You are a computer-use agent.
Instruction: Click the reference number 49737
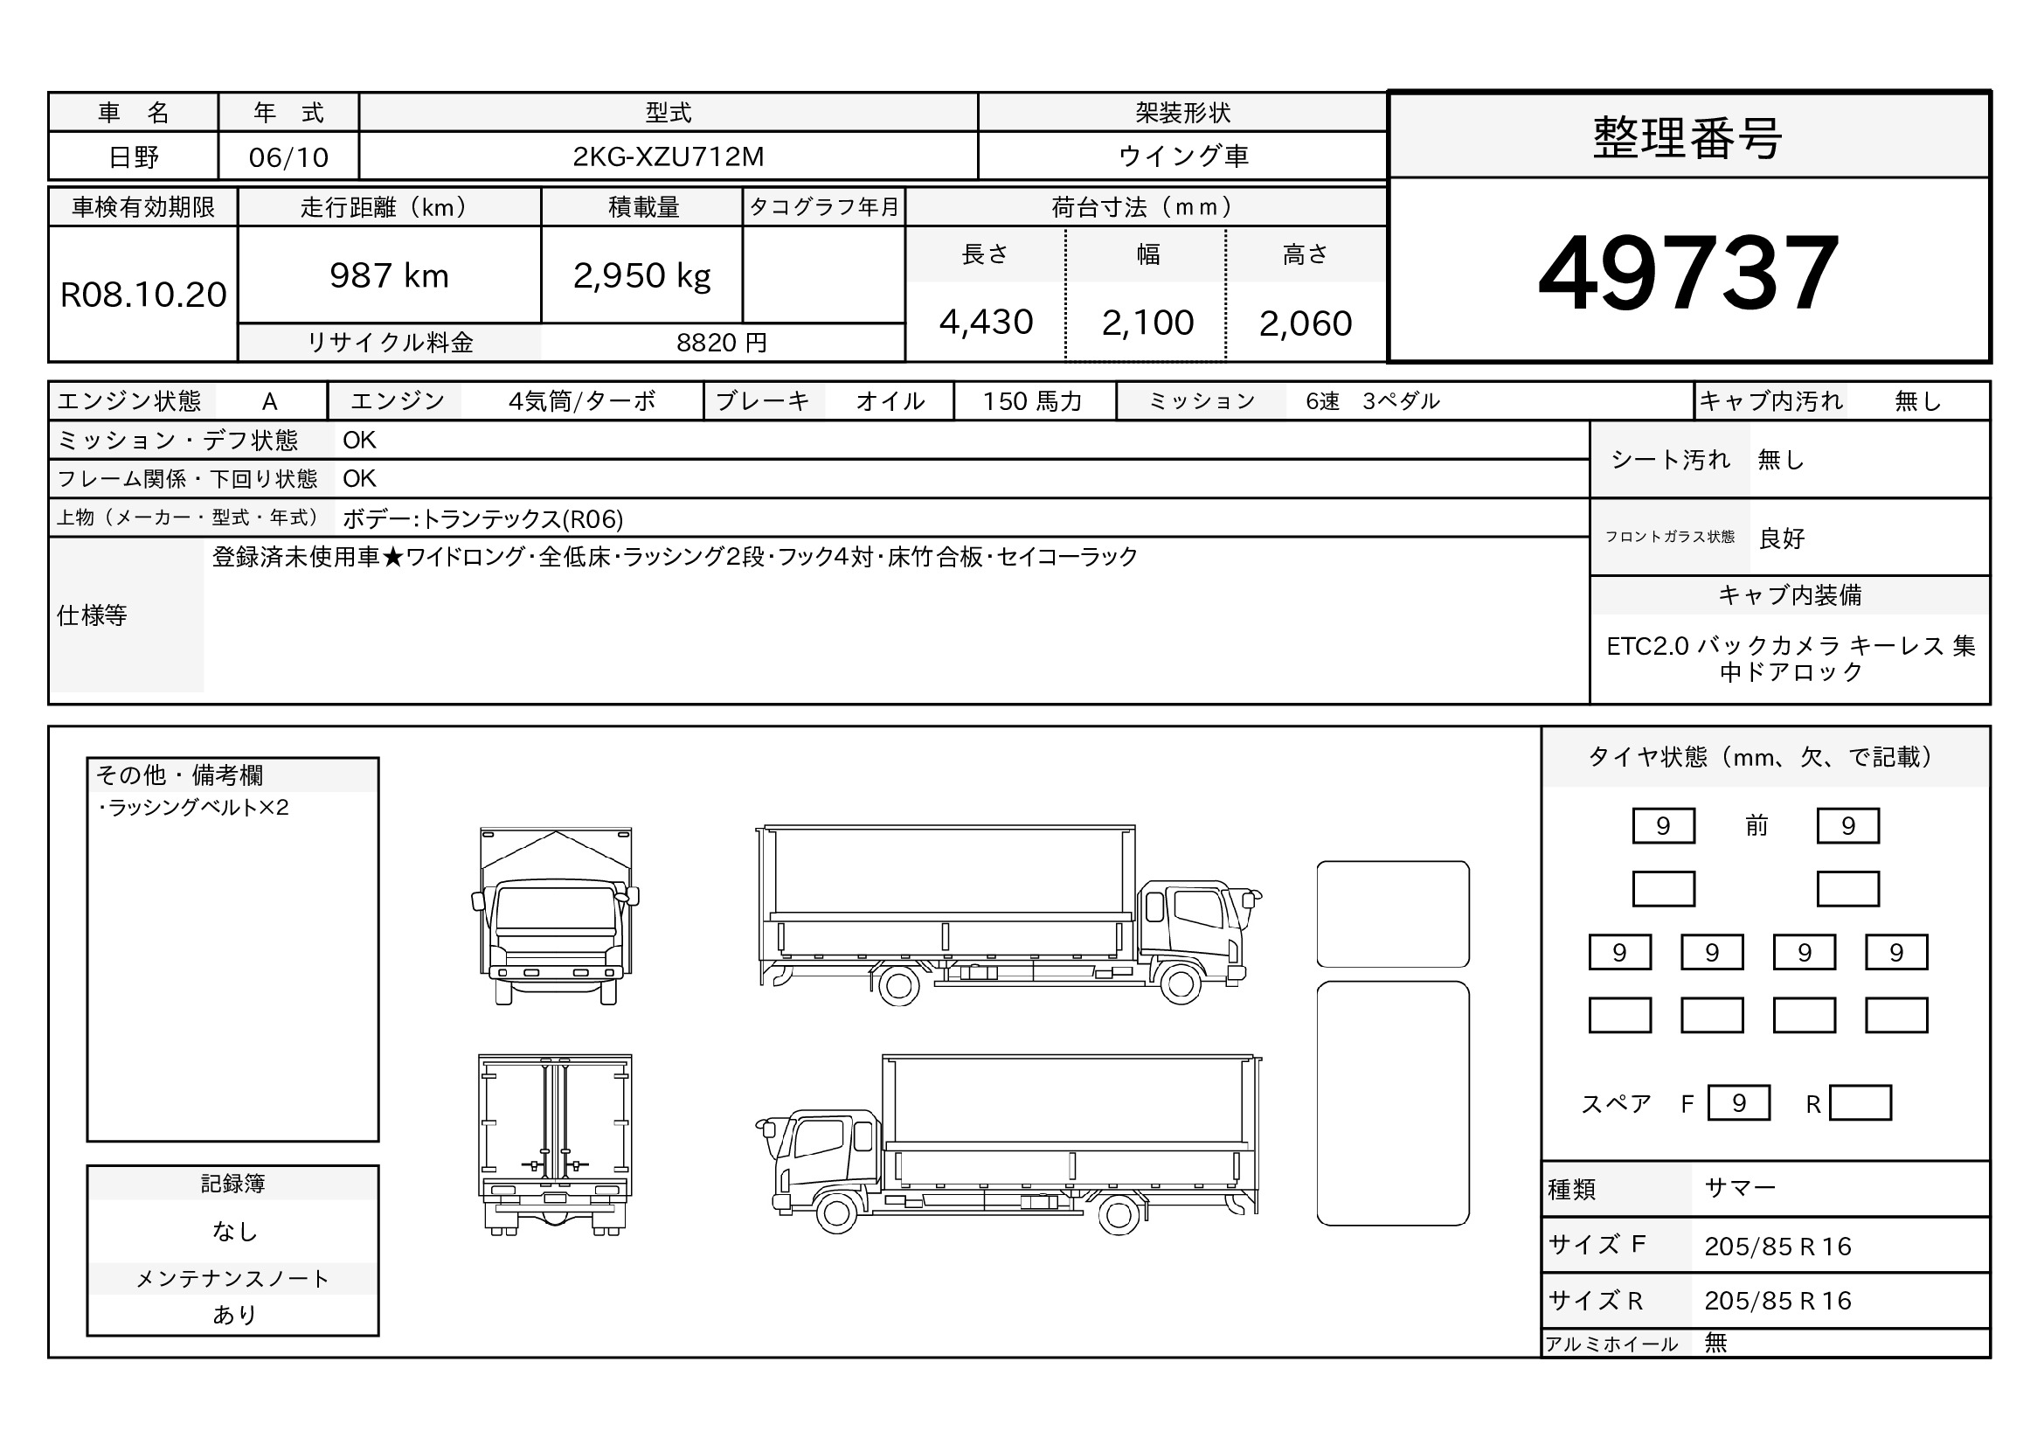(1688, 273)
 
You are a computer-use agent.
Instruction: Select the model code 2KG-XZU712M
(668, 156)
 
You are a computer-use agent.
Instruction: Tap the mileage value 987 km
(389, 276)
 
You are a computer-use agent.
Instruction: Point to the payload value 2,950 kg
(642, 277)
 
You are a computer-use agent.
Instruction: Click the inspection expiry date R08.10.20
(143, 295)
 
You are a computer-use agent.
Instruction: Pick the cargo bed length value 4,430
(986, 323)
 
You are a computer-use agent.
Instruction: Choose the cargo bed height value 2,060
(1305, 323)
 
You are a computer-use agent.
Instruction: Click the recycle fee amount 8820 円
(721, 343)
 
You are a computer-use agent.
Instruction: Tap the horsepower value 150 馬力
(1032, 401)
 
